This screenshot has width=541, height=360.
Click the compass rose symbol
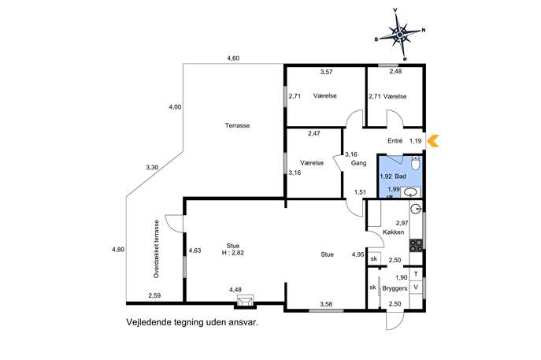click(x=400, y=35)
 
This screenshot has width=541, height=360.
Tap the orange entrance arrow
click(x=433, y=141)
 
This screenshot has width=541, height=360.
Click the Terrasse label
click(x=237, y=125)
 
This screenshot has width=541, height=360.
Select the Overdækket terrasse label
click(x=157, y=249)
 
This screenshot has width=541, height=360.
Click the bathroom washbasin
click(x=410, y=192)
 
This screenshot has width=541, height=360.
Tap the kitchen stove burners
click(x=416, y=245)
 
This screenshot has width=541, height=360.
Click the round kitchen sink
click(x=417, y=208)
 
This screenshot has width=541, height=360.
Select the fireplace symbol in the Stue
click(x=245, y=302)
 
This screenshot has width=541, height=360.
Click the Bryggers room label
click(x=395, y=288)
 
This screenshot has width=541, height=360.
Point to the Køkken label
click(x=393, y=232)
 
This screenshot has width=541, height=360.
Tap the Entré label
click(x=395, y=141)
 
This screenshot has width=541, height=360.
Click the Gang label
click(x=359, y=163)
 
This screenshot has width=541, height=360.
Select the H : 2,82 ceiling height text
click(x=233, y=253)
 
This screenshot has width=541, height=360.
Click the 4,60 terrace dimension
click(x=233, y=58)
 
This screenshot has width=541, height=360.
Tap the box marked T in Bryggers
click(x=416, y=274)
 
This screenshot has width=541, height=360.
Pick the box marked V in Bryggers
click(x=416, y=288)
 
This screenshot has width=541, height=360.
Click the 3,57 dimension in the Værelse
click(x=326, y=72)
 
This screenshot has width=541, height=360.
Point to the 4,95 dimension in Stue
click(x=358, y=254)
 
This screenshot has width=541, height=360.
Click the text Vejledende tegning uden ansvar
click(x=192, y=323)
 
